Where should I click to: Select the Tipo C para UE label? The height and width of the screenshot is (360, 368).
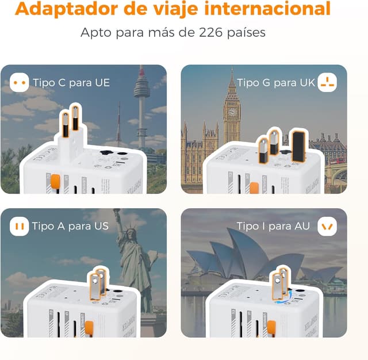71,83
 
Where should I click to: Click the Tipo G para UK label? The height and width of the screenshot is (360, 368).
276,83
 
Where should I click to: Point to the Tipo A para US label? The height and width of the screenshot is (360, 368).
70,226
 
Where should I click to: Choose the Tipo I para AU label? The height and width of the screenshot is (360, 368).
274,226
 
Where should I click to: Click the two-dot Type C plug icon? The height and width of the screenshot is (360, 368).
20,83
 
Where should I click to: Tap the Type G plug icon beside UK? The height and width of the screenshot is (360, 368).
327,83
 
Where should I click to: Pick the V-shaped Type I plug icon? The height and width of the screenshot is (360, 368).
327,226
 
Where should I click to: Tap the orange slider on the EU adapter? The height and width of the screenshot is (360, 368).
56,182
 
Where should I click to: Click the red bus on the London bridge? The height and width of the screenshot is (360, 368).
338,162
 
